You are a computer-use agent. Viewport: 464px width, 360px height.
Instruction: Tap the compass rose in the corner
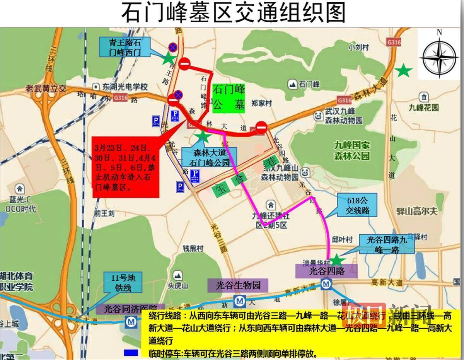439,56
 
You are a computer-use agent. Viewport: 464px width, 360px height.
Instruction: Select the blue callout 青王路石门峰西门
124,47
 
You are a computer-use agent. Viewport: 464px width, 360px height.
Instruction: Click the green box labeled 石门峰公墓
229,97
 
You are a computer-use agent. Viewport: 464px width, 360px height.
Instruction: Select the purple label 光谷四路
326,271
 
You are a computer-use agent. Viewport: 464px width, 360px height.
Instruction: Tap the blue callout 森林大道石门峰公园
212,158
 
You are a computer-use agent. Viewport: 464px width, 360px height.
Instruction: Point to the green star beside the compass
404,70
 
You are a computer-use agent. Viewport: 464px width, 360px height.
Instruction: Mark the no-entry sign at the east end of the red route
261,126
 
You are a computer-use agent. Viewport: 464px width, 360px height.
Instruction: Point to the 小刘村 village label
358,48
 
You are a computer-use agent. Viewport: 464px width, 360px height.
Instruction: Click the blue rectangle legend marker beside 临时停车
131,353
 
